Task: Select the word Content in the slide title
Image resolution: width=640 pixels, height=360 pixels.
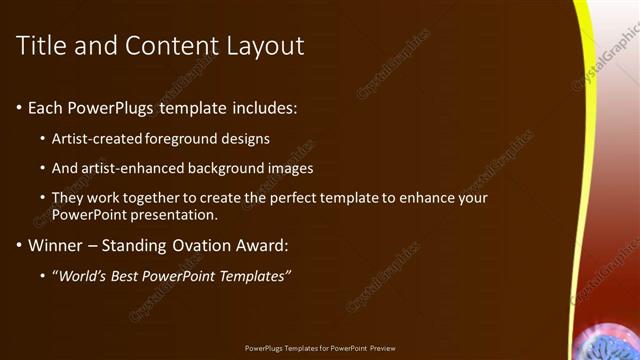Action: [163, 46]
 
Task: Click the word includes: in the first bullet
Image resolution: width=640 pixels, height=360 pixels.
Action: [263, 107]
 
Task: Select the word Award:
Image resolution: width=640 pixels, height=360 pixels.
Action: [260, 244]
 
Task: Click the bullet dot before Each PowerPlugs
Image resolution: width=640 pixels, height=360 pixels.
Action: [19, 107]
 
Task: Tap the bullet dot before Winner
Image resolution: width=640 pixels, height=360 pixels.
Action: [19, 244]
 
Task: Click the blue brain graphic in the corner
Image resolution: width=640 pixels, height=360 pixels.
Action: [606, 345]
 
